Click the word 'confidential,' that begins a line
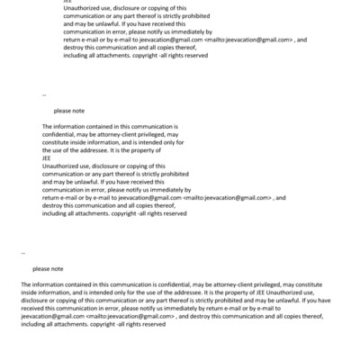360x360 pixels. [60, 134]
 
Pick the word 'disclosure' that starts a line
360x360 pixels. [35, 300]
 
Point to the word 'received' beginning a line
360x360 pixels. [35, 308]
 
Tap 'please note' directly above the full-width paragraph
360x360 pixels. [48, 268]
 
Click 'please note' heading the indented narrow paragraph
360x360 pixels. [69, 111]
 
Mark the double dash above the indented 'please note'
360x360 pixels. [45, 94]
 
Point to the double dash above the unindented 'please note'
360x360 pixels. [22, 253]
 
